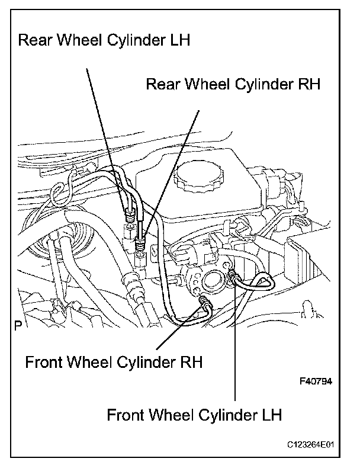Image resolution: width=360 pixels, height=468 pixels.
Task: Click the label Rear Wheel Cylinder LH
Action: (x=104, y=40)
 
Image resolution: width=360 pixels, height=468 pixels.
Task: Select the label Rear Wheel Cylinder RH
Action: (x=233, y=84)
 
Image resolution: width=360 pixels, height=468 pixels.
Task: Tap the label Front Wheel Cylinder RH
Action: (x=114, y=362)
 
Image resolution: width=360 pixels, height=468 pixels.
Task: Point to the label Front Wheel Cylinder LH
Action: (x=194, y=415)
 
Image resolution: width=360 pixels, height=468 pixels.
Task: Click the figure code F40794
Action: (x=316, y=382)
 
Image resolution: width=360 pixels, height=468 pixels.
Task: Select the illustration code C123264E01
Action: (x=310, y=445)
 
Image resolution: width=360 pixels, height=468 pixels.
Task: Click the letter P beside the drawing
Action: (x=18, y=325)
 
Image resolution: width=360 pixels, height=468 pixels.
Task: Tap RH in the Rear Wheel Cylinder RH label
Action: (x=309, y=84)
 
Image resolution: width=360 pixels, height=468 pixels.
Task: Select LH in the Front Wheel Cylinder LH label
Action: (x=272, y=415)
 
